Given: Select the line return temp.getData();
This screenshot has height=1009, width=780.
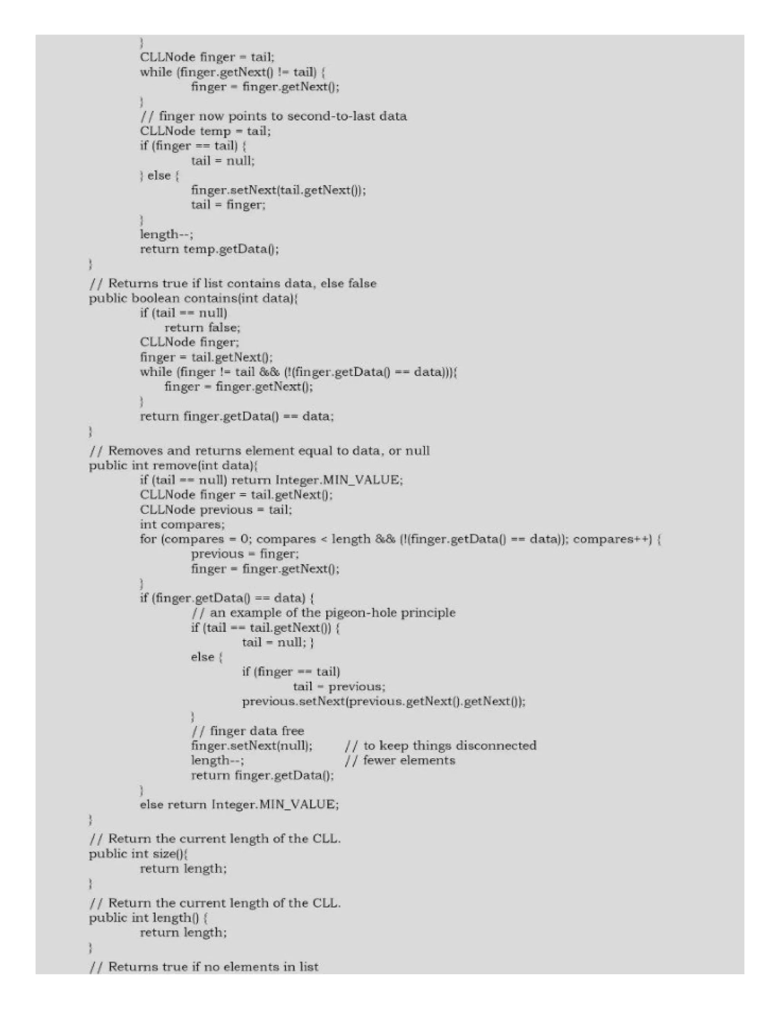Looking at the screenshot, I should (209, 249).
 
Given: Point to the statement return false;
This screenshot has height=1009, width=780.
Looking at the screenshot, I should (202, 327).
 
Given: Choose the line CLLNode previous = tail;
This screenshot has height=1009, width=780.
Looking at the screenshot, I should (216, 509).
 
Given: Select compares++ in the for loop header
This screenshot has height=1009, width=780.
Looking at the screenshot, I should (612, 539).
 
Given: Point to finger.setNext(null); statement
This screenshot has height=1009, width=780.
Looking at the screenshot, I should (252, 746).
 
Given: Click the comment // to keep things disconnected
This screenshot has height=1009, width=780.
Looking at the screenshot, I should (440, 746).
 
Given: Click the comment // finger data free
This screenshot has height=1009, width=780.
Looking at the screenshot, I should (248, 731).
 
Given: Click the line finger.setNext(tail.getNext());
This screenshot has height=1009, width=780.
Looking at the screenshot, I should (278, 190).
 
